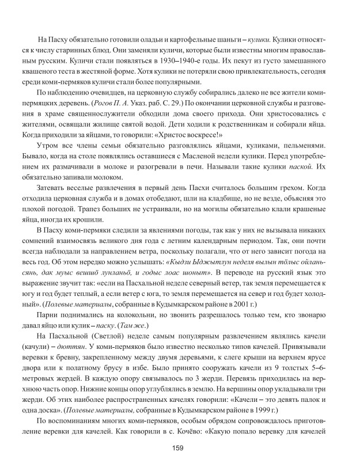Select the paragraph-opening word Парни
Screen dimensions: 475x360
(x=47, y=315)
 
